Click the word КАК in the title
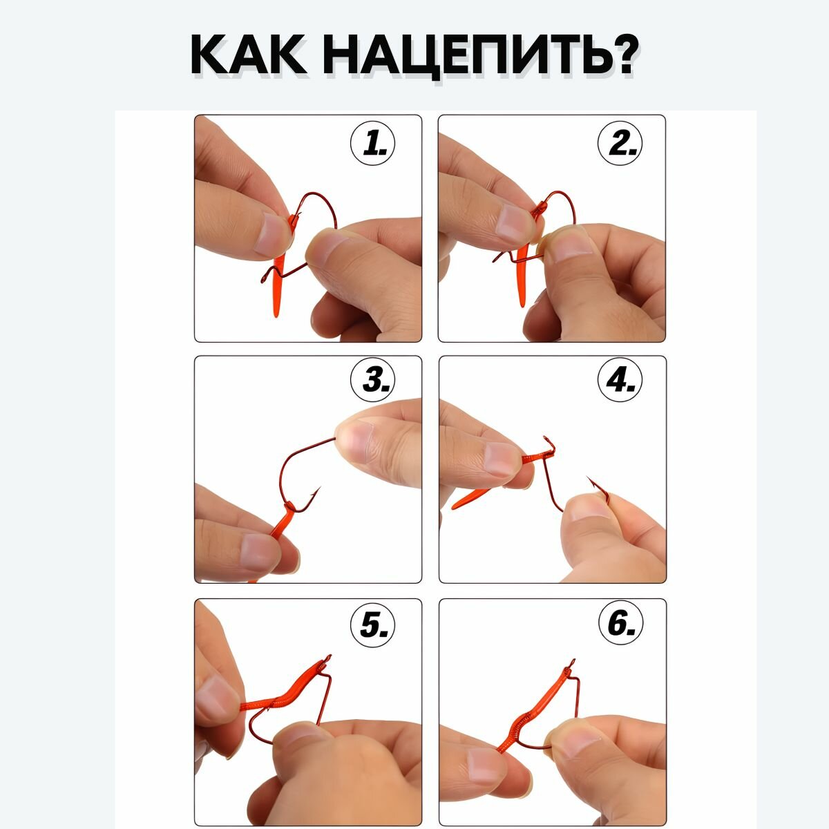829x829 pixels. (x=248, y=57)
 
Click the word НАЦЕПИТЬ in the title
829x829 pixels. (x=464, y=57)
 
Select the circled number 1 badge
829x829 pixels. (x=372, y=143)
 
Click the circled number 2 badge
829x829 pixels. (x=620, y=143)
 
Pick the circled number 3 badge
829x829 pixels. (x=372, y=379)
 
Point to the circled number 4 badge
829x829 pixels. (x=620, y=379)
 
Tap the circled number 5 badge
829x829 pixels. (x=372, y=624)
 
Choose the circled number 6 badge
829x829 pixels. (x=620, y=624)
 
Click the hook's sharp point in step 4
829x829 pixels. (x=587, y=477)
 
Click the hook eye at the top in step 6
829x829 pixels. (x=572, y=661)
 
